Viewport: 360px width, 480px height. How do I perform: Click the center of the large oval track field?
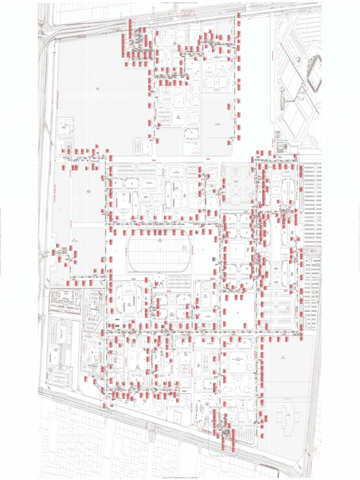pos(159,254)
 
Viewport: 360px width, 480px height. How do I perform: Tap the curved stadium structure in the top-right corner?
pos(315,73)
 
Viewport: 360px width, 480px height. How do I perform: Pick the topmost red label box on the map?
pos(239,15)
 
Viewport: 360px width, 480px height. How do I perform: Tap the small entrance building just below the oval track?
pos(159,279)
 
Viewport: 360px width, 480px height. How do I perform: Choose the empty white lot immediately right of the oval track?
pos(202,254)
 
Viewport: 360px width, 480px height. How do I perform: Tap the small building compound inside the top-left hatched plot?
pos(65,127)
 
